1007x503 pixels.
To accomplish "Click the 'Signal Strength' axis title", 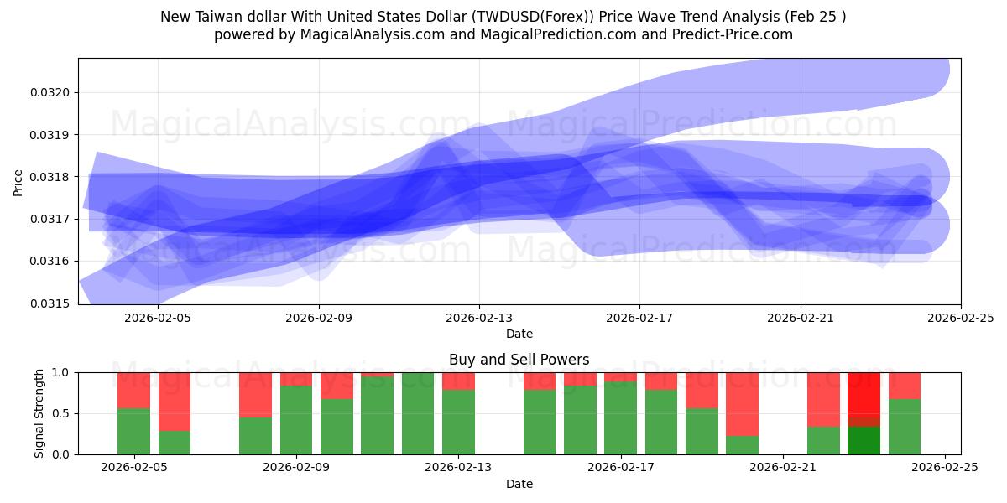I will pos(39,413).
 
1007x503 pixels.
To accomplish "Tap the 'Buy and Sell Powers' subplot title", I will pos(519,360).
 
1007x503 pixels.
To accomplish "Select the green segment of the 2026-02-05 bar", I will pos(133,431).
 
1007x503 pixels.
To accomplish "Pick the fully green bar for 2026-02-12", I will pos(418,413).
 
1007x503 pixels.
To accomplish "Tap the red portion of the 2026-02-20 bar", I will pos(743,403).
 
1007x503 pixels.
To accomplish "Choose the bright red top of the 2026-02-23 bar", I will pos(864,392).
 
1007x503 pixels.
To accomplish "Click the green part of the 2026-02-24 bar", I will pos(905,427).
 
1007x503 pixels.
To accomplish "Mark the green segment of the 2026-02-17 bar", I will pos(621,417).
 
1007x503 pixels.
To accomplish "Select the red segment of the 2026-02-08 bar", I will pos(255,394).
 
